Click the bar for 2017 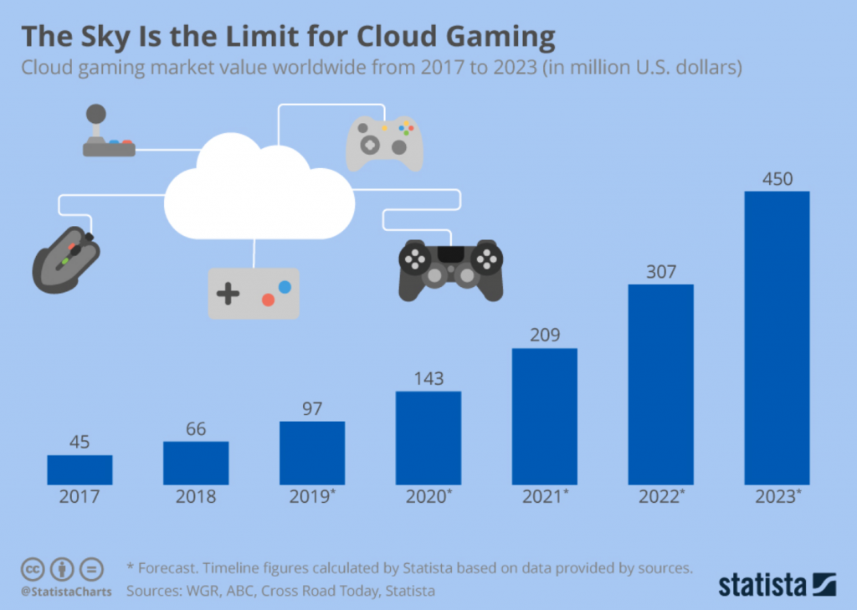(80, 469)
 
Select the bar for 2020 (428, 438)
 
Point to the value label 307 (661, 272)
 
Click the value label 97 (312, 408)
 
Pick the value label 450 (777, 179)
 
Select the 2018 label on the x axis (196, 497)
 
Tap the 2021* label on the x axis (544, 497)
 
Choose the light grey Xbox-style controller (385, 141)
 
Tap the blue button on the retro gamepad (285, 286)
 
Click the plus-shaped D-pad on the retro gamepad (228, 294)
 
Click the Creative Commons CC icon (32, 570)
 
